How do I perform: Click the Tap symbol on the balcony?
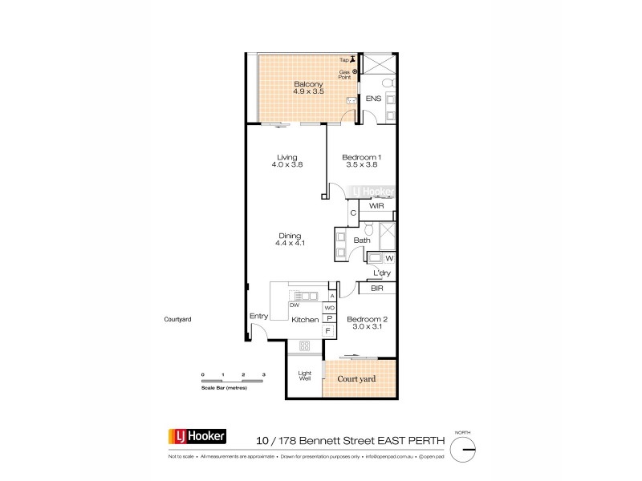[353, 59]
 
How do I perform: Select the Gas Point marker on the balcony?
[355, 71]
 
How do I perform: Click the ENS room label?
[372, 99]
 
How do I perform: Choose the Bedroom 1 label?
[360, 160]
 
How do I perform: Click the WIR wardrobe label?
[376, 206]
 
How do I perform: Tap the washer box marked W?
[389, 257]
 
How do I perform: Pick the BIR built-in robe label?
[376, 288]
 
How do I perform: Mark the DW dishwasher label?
[274, 305]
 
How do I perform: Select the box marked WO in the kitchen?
[329, 307]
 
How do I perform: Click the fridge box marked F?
[329, 330]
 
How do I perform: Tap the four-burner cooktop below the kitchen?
[305, 346]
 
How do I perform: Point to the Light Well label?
[305, 376]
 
